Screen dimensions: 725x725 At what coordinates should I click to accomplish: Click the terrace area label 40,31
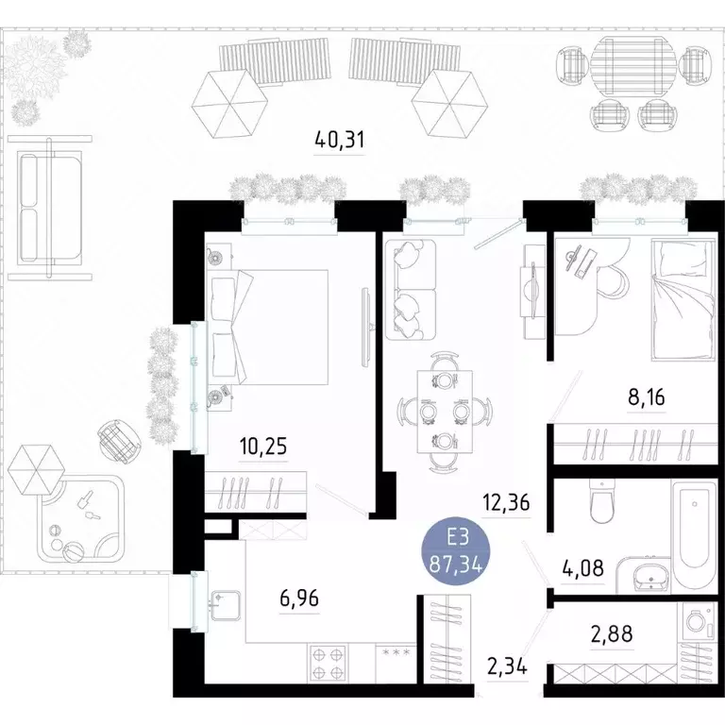pos(339,141)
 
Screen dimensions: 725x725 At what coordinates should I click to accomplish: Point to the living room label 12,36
pos(505,503)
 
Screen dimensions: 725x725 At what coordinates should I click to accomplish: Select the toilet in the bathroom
pos(600,503)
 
